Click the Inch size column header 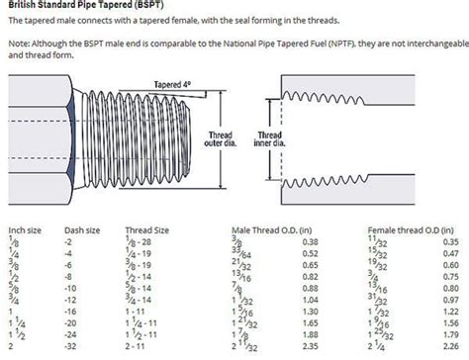25,228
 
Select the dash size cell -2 69,241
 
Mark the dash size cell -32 71,348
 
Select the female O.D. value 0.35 451,241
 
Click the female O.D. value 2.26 451,348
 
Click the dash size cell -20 71,322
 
